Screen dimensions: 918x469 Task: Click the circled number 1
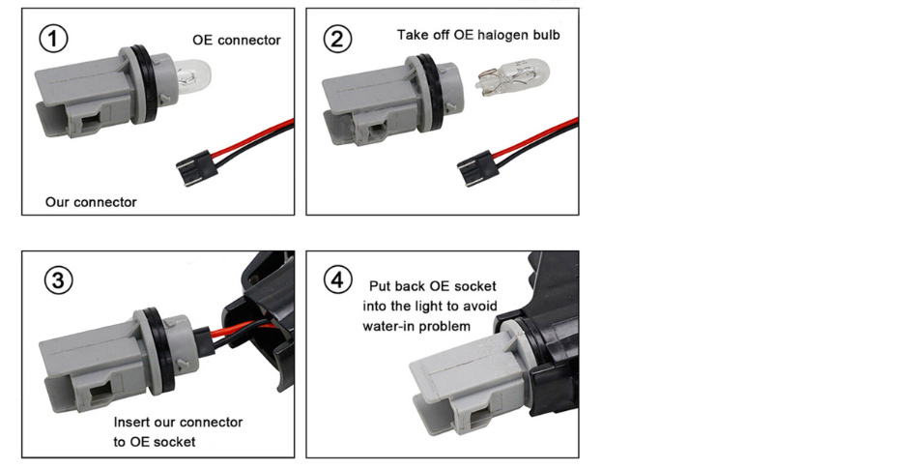click(x=53, y=38)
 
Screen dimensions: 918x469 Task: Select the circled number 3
click(x=59, y=279)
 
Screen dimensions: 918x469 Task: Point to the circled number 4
click(x=338, y=279)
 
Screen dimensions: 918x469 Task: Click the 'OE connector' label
click(x=237, y=41)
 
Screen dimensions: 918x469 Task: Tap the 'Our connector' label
click(x=91, y=202)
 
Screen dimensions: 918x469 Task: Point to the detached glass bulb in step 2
click(x=513, y=77)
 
